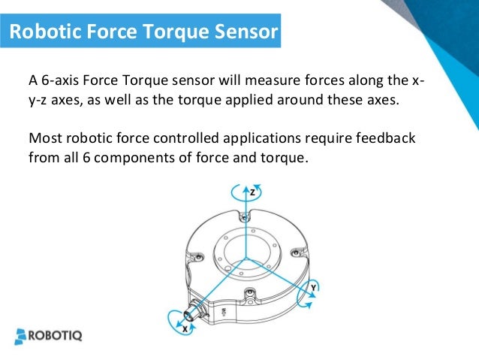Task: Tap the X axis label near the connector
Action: coord(184,328)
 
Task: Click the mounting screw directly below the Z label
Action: coord(242,216)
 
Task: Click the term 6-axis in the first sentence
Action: coord(61,80)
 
